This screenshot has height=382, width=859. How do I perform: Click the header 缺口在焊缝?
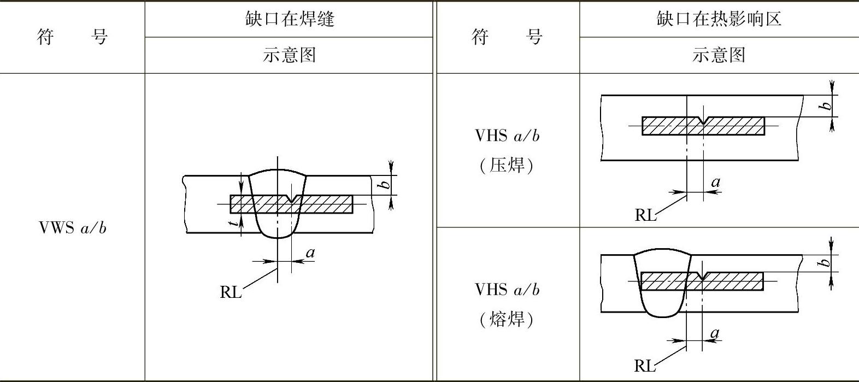289,19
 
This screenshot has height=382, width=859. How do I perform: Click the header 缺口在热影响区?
719,19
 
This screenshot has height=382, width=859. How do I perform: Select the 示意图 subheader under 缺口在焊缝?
289,55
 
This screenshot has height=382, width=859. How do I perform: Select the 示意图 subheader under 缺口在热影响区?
719,55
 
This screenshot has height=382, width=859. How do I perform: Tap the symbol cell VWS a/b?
73,228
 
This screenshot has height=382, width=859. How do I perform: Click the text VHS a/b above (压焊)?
507,136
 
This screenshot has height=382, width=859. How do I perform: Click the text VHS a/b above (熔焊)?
507,290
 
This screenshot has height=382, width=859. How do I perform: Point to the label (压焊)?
507,165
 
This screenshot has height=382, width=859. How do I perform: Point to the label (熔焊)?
507,319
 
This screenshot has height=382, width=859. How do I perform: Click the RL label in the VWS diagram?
231,292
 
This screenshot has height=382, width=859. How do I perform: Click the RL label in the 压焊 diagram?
645,215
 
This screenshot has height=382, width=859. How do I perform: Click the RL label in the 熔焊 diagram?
645,366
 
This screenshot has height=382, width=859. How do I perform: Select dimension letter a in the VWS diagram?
310,252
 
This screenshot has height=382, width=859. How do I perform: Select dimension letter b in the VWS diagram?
386,184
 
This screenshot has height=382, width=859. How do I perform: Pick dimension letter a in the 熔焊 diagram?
715,332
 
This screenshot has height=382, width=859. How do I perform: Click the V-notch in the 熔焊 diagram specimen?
702,276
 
